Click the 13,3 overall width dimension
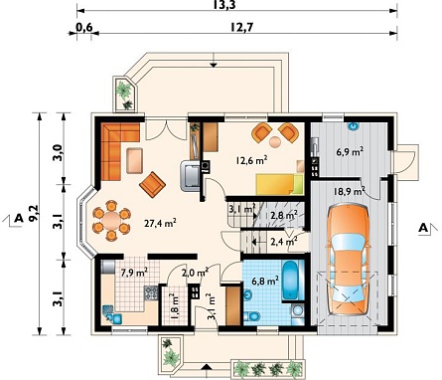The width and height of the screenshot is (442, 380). click(226, 5)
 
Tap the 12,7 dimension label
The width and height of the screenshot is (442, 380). click(241, 27)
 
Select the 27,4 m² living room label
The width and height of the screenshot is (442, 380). click(160, 223)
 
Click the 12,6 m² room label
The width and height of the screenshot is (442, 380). click(251, 161)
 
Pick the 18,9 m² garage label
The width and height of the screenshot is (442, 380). click(349, 191)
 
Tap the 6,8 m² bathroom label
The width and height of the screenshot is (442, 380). click(265, 282)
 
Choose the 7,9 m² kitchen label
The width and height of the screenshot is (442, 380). click(134, 273)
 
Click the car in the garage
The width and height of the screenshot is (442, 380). click(348, 261)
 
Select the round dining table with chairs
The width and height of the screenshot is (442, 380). click(111, 220)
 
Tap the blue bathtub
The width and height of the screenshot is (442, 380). click(291, 281)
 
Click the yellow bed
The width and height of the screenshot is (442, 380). click(279, 185)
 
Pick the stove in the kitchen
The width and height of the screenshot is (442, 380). click(151, 293)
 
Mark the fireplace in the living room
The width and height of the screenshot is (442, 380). click(191, 175)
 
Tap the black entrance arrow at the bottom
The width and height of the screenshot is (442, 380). click(206, 366)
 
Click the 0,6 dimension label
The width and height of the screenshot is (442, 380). click(84, 27)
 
